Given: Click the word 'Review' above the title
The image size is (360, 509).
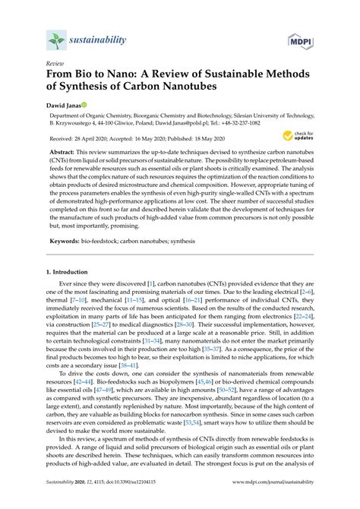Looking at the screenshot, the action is (x=55, y=64).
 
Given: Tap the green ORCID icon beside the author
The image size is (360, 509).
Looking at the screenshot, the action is (x=86, y=104).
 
